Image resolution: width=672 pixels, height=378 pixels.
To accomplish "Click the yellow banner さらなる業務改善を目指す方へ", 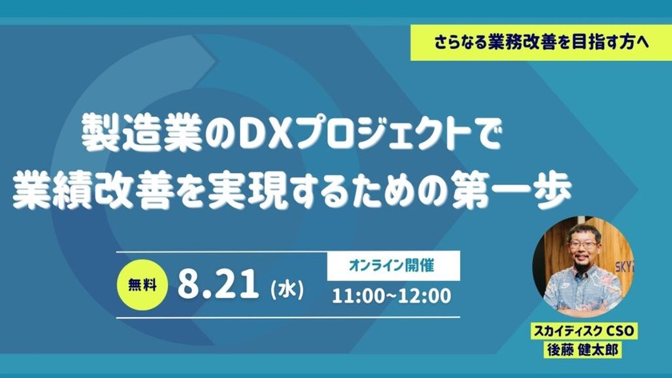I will click(x=541, y=42).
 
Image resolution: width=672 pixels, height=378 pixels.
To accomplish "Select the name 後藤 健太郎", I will click(x=582, y=349).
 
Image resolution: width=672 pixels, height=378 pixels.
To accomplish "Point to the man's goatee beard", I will click(x=582, y=264).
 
